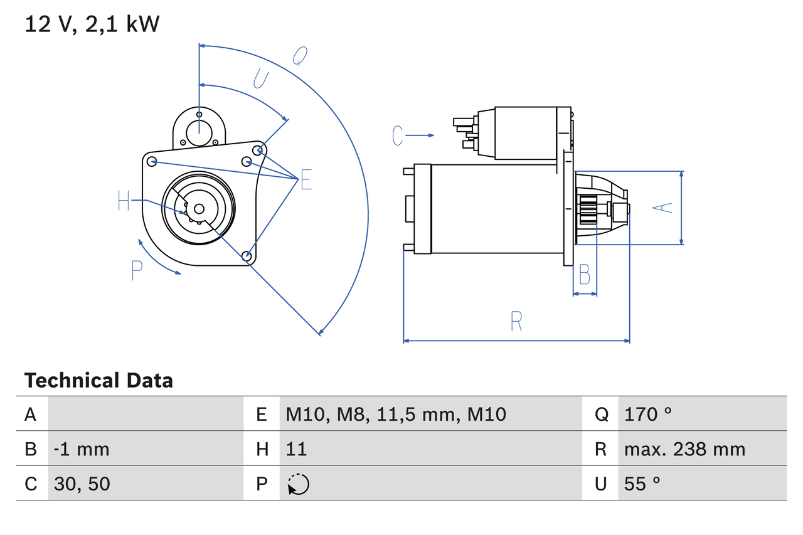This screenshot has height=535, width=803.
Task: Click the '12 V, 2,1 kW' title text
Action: (92, 24)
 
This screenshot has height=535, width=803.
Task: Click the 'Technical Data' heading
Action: (98, 381)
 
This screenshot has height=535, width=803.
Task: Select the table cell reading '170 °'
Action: (648, 414)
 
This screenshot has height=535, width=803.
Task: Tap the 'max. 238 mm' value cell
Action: (684, 449)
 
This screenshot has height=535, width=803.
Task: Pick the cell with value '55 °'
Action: (642, 484)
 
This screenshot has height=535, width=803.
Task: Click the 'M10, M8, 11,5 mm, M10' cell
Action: (396, 414)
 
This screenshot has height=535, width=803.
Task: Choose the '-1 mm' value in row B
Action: (82, 449)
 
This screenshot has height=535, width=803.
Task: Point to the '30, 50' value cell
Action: (82, 484)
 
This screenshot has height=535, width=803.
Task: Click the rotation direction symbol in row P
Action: (298, 484)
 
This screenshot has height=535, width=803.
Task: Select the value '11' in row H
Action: (296, 449)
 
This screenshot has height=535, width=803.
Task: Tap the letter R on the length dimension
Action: (516, 322)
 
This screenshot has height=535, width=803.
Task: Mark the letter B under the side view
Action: (584, 274)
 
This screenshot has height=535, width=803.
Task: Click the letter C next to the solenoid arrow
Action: (397, 135)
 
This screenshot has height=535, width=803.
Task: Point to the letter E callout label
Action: (306, 180)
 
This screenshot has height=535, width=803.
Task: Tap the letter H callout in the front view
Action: (124, 201)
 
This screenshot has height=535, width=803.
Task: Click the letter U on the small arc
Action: (260, 79)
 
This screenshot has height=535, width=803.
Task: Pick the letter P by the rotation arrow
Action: (137, 270)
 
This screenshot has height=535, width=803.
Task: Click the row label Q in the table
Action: (601, 414)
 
